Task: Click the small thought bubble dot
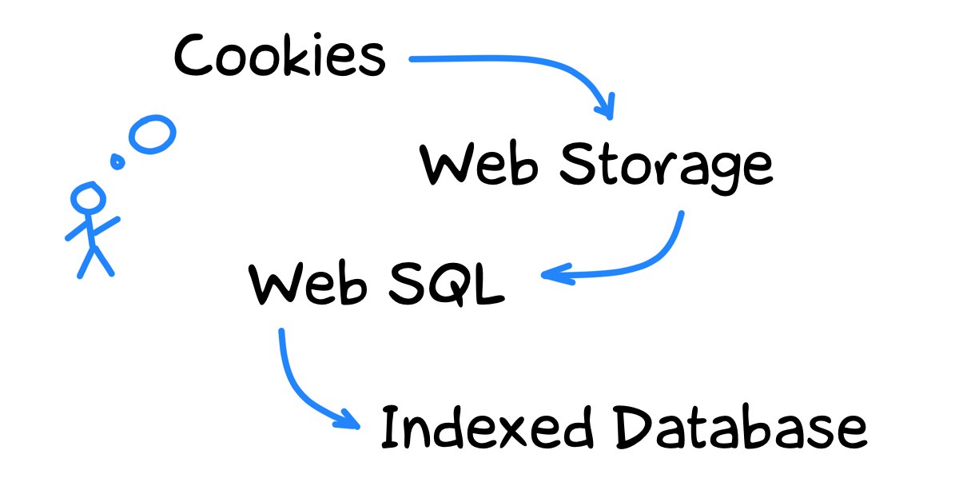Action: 117,162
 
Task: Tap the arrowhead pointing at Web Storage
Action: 607,107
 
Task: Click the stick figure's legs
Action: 94,261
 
